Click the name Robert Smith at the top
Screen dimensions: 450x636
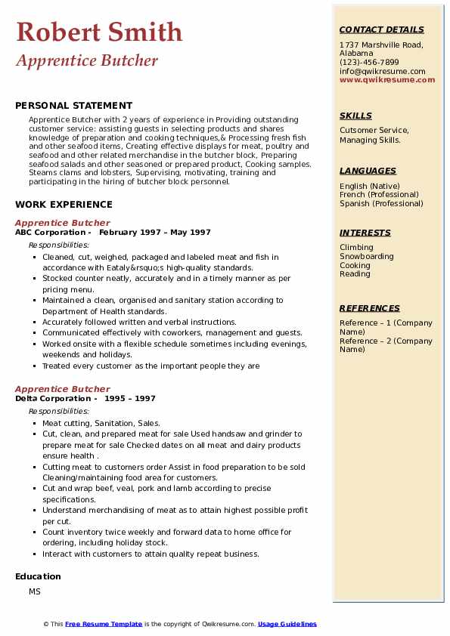pyautogui.click(x=99, y=32)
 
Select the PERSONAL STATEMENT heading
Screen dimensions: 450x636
pyautogui.click(x=73, y=106)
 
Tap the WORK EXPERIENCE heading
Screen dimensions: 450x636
pyautogui.click(x=64, y=204)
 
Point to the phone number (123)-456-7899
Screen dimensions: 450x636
pyautogui.click(x=369, y=63)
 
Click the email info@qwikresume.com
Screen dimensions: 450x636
pyautogui.click(x=382, y=71)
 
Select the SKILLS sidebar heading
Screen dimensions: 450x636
pyautogui.click(x=355, y=116)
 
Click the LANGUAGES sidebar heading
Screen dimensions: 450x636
pyautogui.click(x=368, y=171)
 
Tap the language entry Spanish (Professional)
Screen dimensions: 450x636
pyautogui.click(x=381, y=203)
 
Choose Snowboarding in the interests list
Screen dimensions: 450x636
pyautogui.click(x=366, y=256)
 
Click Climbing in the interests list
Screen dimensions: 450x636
pyautogui.click(x=356, y=247)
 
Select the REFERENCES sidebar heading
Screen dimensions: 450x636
pyautogui.click(x=370, y=308)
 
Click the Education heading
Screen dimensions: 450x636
pyautogui.click(x=38, y=576)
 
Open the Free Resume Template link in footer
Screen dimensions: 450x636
pyautogui.click(x=104, y=624)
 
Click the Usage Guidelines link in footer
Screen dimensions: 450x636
pyautogui.click(x=287, y=624)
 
